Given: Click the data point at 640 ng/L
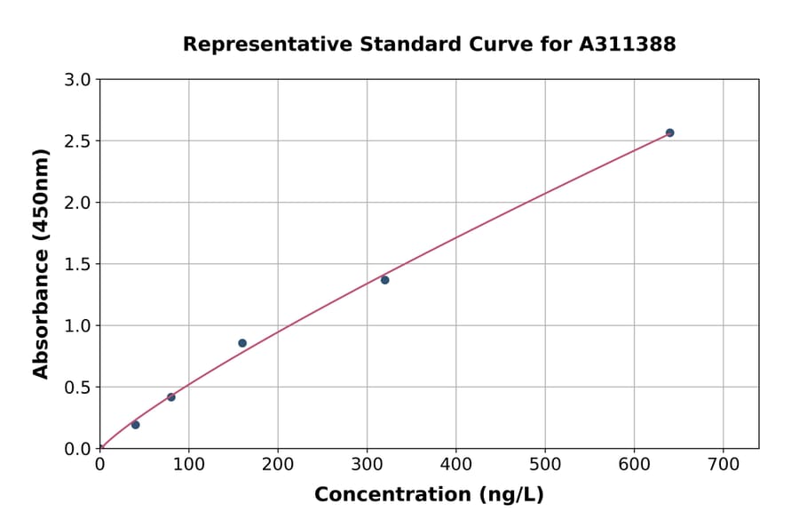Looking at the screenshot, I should pos(669,132).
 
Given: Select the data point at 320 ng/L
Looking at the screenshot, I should pos(384,280).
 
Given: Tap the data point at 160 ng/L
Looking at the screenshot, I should pos(242,343).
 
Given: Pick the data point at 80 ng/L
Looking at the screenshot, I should pos(171,397).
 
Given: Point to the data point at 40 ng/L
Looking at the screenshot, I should pos(135,425).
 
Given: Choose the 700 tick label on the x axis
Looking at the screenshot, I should pos(723,465).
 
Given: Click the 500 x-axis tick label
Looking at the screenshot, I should pos(545,465).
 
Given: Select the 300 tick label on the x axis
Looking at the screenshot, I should pos(367,465).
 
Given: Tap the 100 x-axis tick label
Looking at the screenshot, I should pos(188,465).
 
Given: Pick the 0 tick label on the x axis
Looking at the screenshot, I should pos(99,465).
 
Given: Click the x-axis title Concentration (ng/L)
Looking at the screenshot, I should pos(429,495).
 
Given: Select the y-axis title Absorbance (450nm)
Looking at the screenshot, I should pos(41,264).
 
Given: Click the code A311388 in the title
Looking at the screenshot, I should pos(628,44).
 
